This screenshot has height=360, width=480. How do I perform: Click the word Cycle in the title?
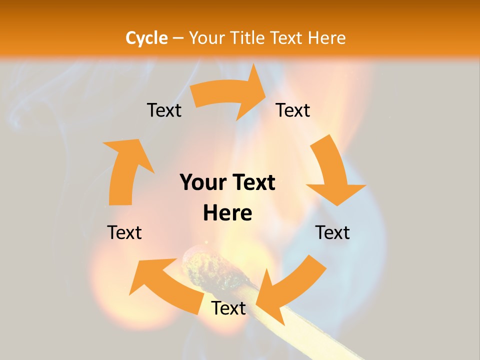pyautogui.click(x=146, y=38)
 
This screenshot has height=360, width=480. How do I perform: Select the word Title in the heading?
pyautogui.click(x=248, y=38)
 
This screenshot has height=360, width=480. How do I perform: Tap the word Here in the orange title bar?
pyautogui.click(x=326, y=38)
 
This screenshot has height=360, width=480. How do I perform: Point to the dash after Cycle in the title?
pyautogui.click(x=178, y=38)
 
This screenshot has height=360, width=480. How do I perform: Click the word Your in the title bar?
pyautogui.click(x=207, y=38)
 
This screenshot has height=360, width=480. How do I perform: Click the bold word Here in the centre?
pyautogui.click(x=227, y=213)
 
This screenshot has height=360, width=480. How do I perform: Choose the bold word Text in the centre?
pyautogui.click(x=252, y=182)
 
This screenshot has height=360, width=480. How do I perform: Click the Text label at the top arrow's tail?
pyautogui.click(x=164, y=110)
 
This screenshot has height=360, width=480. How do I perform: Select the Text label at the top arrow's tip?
pyautogui.click(x=293, y=110)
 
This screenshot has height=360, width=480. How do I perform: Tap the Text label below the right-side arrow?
pyautogui.click(x=332, y=232)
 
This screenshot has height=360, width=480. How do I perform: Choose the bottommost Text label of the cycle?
pyautogui.click(x=228, y=308)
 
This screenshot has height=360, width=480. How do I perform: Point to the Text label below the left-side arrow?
pyautogui.click(x=124, y=232)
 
